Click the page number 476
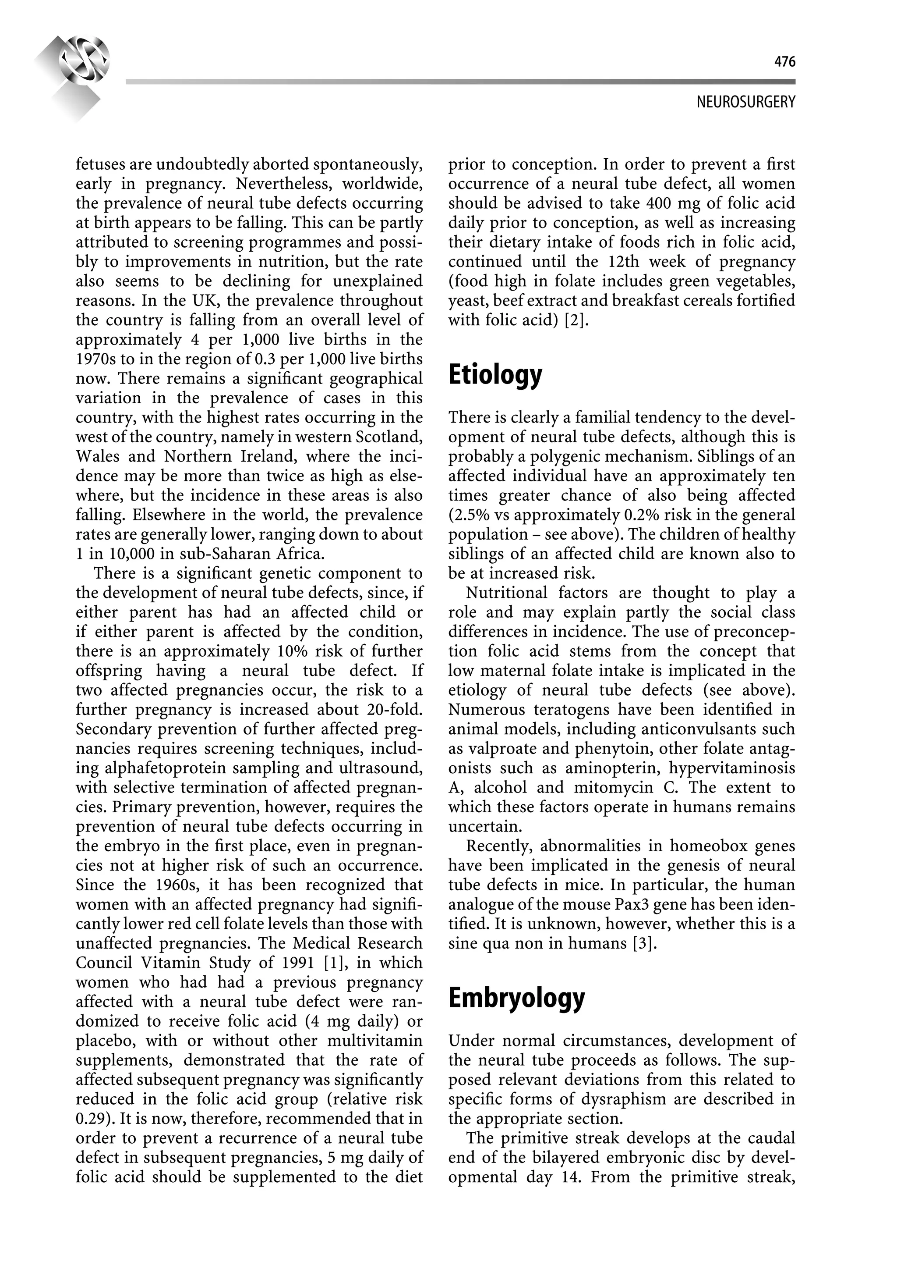784,62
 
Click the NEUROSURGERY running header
745,102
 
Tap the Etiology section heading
495,375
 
